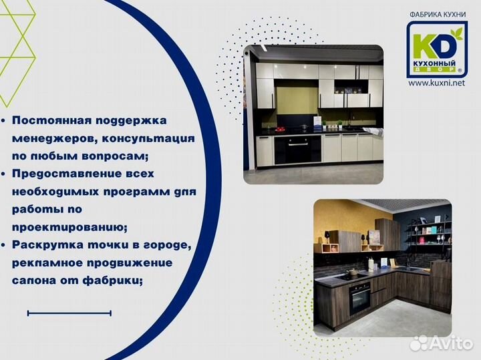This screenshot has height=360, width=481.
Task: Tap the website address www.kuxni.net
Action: (x=436, y=83)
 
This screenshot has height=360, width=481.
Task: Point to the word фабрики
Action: (x=114, y=281)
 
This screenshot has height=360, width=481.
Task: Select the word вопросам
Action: (x=118, y=156)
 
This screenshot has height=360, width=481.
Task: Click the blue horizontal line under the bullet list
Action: (x=69, y=313)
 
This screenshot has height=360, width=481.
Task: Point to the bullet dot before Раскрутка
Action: (x=5, y=246)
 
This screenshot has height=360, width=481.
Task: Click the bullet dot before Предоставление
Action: (x=5, y=174)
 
